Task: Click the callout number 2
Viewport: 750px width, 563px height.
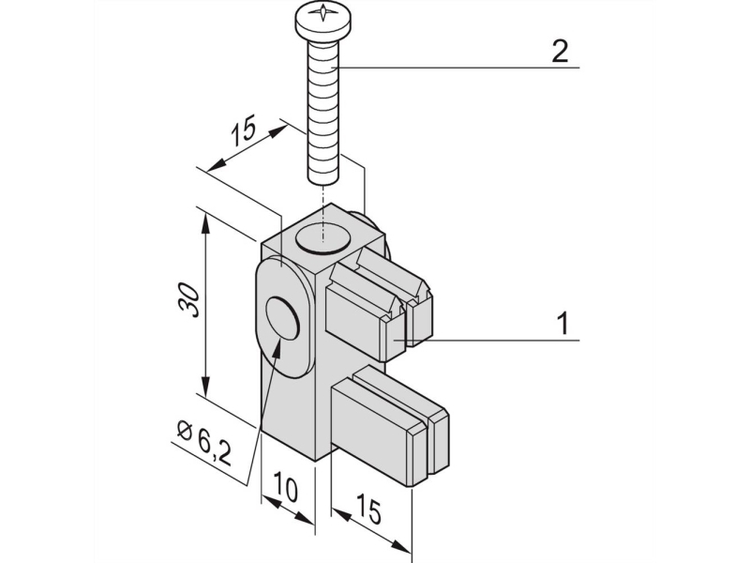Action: tap(560, 52)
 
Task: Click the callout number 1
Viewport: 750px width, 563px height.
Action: tap(564, 323)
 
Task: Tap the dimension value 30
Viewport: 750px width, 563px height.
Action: tap(188, 300)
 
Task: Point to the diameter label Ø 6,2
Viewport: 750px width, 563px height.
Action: tap(203, 442)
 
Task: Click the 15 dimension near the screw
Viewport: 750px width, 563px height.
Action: tap(244, 130)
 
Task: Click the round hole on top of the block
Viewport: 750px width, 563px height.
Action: tap(322, 237)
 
